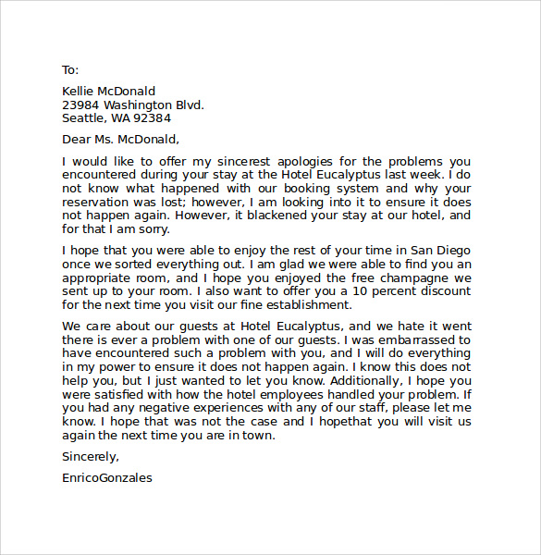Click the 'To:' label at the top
70,69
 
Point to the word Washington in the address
137,105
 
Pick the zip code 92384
152,118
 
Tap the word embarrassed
427,339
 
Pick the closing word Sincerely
90,456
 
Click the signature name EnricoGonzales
107,478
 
